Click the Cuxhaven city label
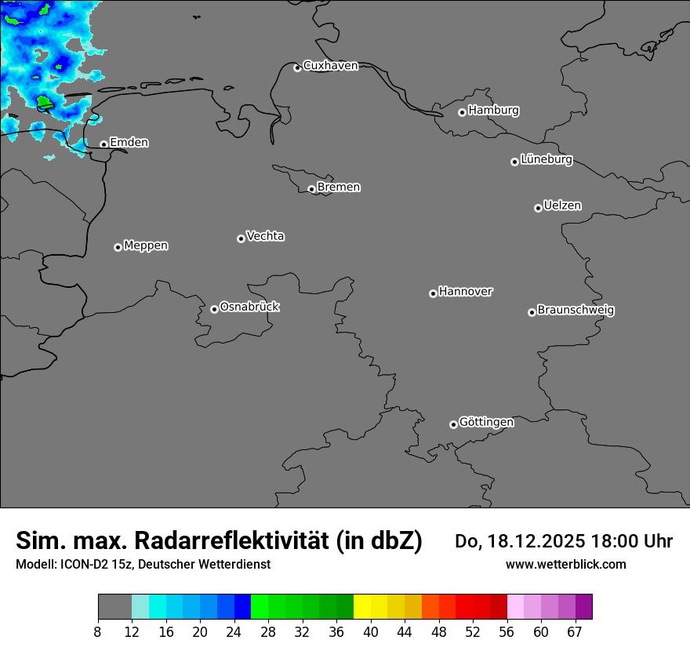330,66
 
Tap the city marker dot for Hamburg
462,112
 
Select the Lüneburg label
546,159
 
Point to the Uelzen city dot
538,208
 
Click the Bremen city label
339,187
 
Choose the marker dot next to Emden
103,144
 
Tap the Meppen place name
146,245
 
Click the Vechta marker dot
241,238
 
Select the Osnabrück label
249,307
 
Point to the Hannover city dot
433,293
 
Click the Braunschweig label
576,310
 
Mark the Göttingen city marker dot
453,424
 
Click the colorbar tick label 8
98,632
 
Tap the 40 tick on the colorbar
370,632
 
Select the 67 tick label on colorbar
575,632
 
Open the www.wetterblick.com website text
565,564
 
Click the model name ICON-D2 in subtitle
85,564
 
